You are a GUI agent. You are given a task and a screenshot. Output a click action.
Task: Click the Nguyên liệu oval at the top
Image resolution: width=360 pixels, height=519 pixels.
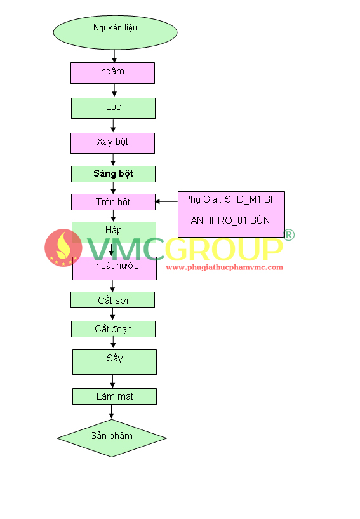115,32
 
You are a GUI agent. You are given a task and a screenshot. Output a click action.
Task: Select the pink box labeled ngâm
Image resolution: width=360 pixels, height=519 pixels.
112,73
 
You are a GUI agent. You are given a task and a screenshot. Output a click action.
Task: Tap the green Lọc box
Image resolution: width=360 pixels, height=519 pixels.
113,108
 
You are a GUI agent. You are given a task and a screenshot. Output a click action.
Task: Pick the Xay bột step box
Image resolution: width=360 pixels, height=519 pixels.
112,144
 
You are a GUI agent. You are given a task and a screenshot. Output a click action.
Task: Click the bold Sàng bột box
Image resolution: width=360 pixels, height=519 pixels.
113,174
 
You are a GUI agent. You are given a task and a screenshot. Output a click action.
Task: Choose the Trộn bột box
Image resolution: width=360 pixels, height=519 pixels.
113,202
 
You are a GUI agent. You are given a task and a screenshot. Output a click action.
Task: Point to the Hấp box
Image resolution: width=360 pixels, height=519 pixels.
114,231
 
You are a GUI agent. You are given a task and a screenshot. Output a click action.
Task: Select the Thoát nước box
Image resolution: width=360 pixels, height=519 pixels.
114,268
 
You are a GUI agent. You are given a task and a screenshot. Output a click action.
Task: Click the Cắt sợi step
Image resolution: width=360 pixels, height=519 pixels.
112,300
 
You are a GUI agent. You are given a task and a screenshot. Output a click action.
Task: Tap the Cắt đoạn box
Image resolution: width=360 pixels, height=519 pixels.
113,329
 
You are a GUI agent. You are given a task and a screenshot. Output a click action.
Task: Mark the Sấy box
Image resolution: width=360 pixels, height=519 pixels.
114,362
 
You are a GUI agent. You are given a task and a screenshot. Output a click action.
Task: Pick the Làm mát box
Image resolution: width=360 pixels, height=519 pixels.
114,396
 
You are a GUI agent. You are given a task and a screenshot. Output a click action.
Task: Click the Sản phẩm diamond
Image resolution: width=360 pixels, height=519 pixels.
112,438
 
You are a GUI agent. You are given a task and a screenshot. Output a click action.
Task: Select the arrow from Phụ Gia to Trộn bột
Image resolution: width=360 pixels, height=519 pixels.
166,201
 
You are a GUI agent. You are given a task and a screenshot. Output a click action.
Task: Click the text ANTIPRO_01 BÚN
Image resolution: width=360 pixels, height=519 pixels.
230,220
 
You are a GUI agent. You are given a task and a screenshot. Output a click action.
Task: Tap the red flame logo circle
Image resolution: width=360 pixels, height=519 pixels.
63,248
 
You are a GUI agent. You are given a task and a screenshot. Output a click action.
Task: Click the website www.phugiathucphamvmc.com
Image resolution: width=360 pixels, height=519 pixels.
225,267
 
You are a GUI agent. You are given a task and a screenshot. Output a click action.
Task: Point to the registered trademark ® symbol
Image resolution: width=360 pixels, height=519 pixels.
288,234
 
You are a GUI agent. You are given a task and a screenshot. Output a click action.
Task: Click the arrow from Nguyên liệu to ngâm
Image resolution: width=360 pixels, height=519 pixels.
114,57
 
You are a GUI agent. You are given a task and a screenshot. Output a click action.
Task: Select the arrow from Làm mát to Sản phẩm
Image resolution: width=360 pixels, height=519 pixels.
111,412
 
